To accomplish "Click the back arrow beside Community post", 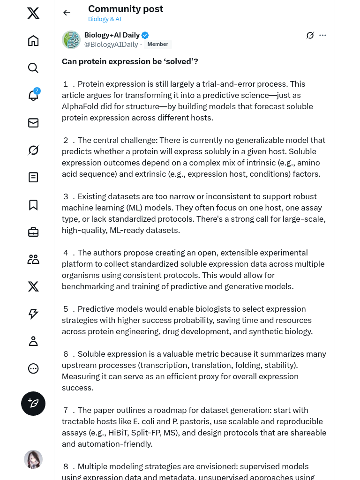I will [67, 13].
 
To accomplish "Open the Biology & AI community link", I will [105, 19].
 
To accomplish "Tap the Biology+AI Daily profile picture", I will [71, 40].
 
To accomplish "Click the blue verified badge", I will [145, 35].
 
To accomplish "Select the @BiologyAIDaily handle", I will [111, 45].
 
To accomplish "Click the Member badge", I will [158, 45].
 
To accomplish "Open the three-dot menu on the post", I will [322, 35].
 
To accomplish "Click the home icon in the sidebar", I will [33, 41].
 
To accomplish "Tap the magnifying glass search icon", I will [33, 68].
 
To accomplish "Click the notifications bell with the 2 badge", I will [33, 95].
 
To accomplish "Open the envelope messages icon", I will [33, 123].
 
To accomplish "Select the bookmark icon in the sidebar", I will [33, 205].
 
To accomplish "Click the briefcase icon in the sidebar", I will [33, 232].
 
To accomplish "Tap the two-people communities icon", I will [33, 259].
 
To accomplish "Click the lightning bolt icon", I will [33, 314].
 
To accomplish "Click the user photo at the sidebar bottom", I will [33, 459].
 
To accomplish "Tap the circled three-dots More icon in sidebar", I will [33, 368].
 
